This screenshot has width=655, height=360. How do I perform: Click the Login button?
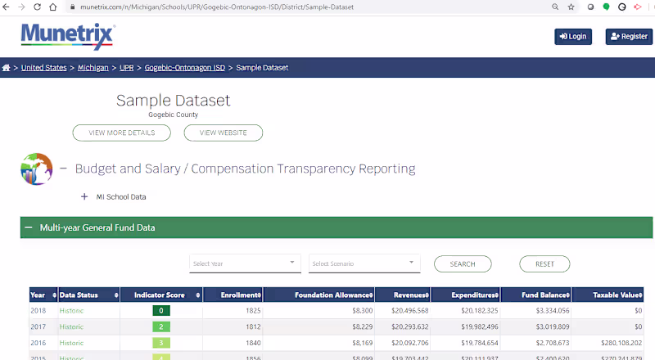point(573,37)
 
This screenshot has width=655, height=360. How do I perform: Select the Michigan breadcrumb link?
point(93,68)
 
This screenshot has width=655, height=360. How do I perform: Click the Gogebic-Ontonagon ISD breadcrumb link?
point(184,68)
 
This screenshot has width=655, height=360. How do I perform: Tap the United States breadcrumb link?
point(44,68)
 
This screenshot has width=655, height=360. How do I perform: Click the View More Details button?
point(121,133)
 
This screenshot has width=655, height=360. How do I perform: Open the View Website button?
point(223,133)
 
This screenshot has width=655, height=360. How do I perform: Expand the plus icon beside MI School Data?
point(84,196)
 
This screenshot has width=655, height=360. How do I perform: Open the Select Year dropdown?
point(245,263)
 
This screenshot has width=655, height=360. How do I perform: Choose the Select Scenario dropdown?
point(364,263)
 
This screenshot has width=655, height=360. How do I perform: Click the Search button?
point(463,263)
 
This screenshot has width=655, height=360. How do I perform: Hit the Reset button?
point(544,263)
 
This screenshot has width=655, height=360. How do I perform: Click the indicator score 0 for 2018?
point(163,312)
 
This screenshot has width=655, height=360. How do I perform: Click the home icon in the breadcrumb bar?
point(7,68)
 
